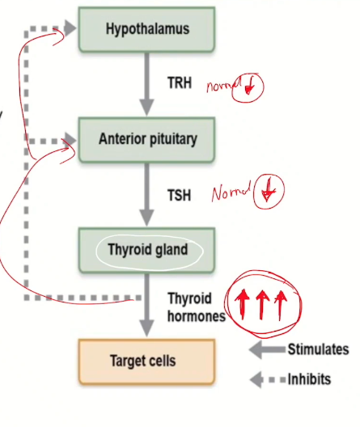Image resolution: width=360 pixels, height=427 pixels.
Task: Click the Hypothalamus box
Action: pos(147,30)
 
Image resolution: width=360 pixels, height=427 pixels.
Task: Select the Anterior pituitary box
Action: pos(147,138)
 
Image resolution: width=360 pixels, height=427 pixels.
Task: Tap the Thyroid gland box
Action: pos(147,250)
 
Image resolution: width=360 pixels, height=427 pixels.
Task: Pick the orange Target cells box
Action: pos(147,361)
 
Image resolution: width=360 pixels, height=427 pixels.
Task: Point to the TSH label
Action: pos(180,194)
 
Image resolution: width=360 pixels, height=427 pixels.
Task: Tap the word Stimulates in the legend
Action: pos(318,349)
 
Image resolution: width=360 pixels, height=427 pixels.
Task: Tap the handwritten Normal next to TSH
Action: pos(231,194)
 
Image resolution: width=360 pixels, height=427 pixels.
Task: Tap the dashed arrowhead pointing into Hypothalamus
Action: pos(69,28)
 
